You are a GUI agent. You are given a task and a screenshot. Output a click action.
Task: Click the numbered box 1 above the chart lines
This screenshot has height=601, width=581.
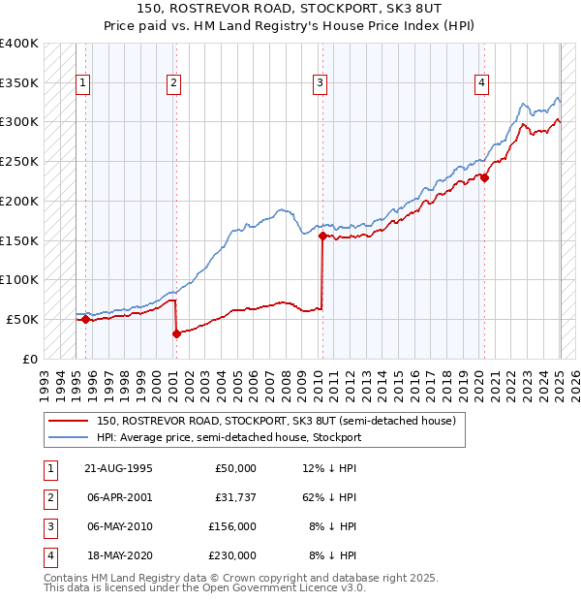coord(84,84)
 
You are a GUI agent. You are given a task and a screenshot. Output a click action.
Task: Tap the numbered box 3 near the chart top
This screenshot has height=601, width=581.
coord(320,84)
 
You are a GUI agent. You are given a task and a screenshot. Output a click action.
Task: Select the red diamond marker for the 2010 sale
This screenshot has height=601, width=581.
coord(321,236)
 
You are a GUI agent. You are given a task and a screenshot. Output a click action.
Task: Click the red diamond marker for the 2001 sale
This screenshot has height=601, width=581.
coord(176,333)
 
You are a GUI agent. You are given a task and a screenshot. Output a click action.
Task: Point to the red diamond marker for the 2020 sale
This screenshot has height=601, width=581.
coord(485,177)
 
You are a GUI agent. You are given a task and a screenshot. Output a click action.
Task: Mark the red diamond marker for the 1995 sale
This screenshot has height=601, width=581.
coord(85,319)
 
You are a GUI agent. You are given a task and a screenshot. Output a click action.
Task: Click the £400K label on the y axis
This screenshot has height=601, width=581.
coord(19,44)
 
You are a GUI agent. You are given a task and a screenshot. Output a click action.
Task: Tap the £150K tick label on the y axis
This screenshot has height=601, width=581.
coord(19,240)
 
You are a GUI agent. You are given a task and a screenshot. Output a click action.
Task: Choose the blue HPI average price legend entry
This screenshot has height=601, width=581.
coord(229,437)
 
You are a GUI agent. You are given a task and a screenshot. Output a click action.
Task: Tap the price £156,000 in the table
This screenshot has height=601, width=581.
coord(232,526)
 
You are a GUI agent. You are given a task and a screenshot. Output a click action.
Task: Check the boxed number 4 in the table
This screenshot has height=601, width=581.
coord(47,556)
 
